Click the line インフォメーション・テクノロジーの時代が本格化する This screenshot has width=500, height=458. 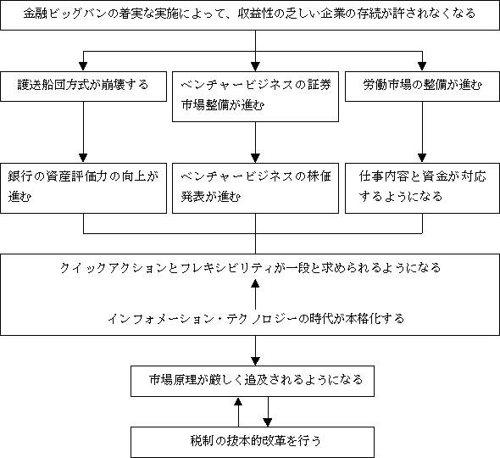(x=256, y=319)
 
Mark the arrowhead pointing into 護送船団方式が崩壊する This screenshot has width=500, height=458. (x=83, y=66)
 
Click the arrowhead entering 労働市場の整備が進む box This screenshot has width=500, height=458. (x=422, y=66)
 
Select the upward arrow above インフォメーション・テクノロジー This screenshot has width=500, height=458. (x=255, y=294)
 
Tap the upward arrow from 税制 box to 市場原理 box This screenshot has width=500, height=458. (x=238, y=412)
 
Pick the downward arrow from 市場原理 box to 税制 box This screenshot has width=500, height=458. (x=268, y=411)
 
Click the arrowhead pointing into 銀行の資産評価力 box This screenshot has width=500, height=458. (x=83, y=158)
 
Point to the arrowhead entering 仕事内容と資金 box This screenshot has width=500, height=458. (x=422, y=158)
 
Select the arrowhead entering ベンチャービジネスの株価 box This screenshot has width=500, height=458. (x=255, y=158)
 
